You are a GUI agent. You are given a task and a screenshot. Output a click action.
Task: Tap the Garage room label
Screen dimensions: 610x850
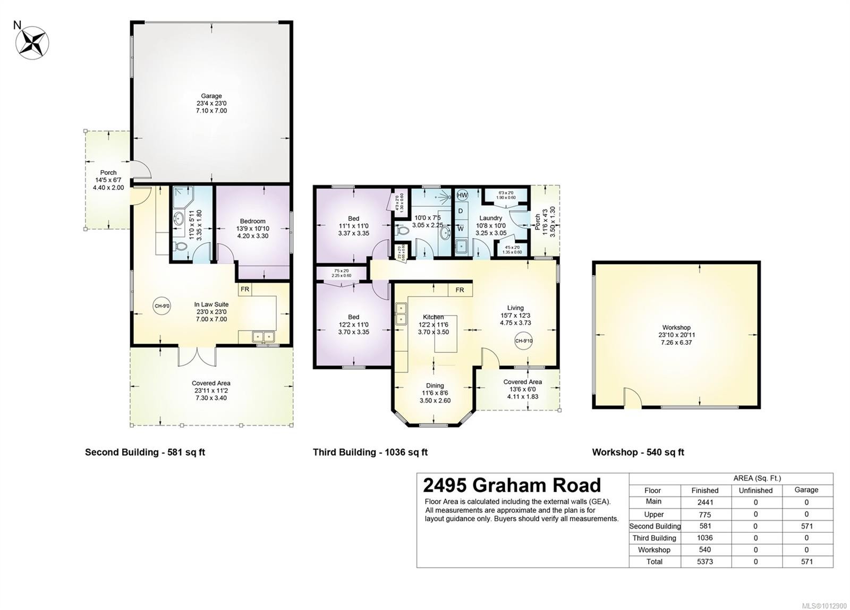[x=211, y=96]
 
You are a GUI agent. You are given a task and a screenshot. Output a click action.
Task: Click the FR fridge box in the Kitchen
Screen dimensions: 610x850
[x=460, y=290]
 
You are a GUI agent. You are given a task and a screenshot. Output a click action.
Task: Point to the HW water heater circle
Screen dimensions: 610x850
[x=462, y=195]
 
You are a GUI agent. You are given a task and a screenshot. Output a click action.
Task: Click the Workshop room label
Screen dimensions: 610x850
[x=676, y=328]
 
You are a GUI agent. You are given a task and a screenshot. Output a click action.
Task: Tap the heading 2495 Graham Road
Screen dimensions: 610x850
[x=512, y=485]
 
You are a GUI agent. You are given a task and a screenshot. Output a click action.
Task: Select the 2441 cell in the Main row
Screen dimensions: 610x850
[x=704, y=502]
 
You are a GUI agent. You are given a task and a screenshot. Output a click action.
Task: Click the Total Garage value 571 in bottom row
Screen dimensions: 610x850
[x=806, y=561]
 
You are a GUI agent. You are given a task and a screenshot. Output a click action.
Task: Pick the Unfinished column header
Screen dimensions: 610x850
[x=755, y=490]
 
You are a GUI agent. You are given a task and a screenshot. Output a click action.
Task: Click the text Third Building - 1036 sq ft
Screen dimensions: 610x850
[x=370, y=452]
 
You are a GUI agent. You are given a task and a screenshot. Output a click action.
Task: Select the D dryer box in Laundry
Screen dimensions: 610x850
[x=461, y=211]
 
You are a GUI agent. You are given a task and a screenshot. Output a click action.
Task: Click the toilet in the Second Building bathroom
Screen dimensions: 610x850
[x=180, y=248]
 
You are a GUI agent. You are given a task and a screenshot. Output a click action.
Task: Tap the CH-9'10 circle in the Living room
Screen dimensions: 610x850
[x=523, y=341]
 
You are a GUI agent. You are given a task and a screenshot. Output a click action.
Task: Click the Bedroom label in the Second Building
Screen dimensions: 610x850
[x=252, y=221]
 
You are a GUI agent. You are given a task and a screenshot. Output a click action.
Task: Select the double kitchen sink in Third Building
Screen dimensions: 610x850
[x=399, y=314]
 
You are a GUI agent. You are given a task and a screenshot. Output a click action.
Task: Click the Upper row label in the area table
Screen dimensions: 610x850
[x=653, y=514]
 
